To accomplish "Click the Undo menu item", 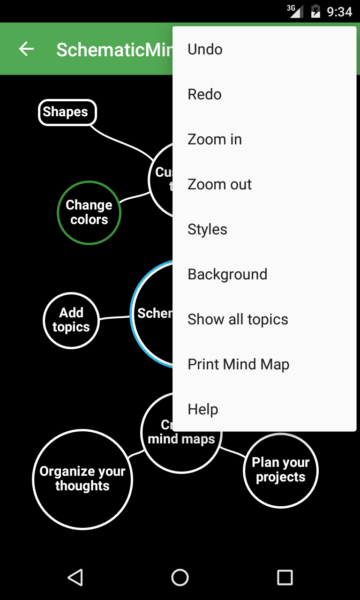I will (x=264, y=49).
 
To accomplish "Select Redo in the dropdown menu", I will (x=264, y=94).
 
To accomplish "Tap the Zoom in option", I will (x=264, y=139).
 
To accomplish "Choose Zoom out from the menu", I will (x=264, y=184).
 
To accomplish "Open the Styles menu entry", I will (x=264, y=229).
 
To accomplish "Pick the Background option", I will (x=264, y=274).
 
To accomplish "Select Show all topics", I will (x=264, y=319).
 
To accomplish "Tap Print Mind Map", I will (x=264, y=364).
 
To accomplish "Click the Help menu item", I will (x=264, y=409).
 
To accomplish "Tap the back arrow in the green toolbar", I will (x=26, y=49).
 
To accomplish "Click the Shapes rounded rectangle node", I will (x=67, y=112).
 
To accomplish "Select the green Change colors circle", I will (x=89, y=213).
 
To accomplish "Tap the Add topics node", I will (x=71, y=320).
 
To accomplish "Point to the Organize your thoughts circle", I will (x=82, y=479).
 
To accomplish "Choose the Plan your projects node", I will (x=281, y=470).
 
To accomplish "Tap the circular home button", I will (x=180, y=577).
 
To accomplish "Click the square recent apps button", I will (x=285, y=577).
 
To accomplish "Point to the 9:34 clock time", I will (x=339, y=11).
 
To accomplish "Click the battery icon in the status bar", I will (x=316, y=11).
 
